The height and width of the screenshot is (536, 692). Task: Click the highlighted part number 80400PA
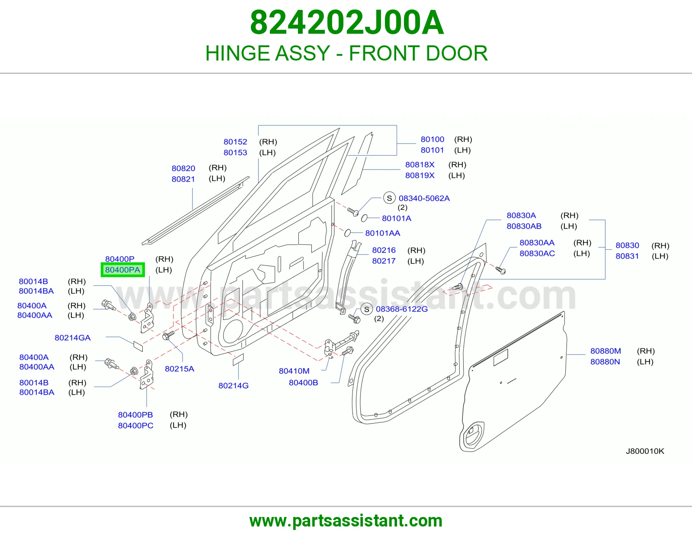[x=122, y=270]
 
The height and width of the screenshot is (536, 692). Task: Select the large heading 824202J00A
[x=346, y=22]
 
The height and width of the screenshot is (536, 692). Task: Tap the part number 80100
[x=432, y=140]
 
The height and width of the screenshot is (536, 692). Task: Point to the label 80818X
[x=420, y=165]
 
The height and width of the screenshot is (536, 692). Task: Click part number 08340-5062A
[x=424, y=198]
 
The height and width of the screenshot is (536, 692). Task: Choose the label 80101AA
[x=382, y=233]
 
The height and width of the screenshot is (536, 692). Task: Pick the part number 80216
[x=384, y=250]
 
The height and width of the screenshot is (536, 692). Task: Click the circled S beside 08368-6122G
[x=366, y=309]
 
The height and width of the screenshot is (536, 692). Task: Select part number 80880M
[x=605, y=351]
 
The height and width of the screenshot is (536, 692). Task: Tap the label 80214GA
[x=73, y=338]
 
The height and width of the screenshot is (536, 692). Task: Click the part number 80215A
[x=179, y=369]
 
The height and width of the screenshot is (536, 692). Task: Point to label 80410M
[x=294, y=371]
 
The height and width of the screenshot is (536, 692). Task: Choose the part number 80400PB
[x=135, y=415]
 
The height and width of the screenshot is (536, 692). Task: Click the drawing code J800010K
[x=645, y=451]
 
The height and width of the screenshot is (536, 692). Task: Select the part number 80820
[x=183, y=169]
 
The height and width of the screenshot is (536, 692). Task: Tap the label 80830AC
[x=537, y=254]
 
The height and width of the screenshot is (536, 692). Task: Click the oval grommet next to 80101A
[x=364, y=218]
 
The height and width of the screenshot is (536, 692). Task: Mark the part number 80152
[x=235, y=142]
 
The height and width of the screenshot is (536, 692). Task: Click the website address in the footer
[x=346, y=521]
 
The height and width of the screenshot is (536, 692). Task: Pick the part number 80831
[x=627, y=256]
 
